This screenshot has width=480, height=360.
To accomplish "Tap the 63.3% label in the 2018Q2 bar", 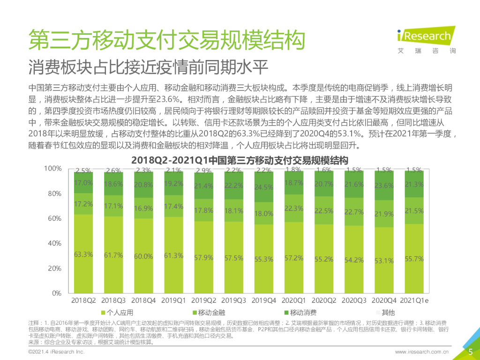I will [x=83, y=255].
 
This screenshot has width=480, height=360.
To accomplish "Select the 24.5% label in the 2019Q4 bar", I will [x=263, y=187].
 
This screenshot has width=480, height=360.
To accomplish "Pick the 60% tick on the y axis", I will [x=52, y=218].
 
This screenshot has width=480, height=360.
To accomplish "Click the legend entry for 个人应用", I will [x=117, y=313].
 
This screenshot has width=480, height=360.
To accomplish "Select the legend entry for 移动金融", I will [x=209, y=313].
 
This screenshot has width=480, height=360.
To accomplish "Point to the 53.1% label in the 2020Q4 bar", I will [x=384, y=261].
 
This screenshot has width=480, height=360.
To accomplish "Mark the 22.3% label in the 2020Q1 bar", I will [x=293, y=208].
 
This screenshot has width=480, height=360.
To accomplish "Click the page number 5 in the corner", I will [x=471, y=352].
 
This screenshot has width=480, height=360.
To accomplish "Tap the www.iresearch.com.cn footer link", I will [x=422, y=352].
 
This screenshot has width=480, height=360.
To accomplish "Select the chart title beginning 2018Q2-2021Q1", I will [x=240, y=158].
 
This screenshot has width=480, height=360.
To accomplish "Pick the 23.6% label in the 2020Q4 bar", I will [x=384, y=185].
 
